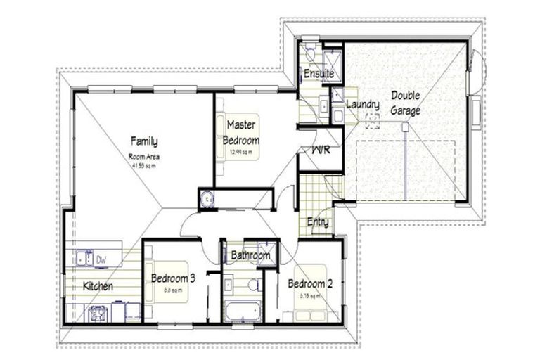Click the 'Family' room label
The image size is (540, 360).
tap(143, 141)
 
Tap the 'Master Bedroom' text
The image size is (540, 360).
tap(241, 133)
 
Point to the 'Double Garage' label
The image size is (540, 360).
tap(406, 103)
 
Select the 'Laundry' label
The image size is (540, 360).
tap(364, 105)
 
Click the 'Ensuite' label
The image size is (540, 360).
tap(319, 73)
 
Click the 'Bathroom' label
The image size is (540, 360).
tap(251, 256)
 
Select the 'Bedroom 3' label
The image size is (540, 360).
tap(173, 278)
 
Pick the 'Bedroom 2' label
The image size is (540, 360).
tap(309, 284)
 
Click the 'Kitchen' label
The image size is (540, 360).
tap(99, 287)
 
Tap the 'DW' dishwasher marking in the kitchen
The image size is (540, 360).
tap(101, 259)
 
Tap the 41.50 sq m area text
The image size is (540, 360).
tap(143, 165)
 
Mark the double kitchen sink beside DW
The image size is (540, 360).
tap(84, 259)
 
